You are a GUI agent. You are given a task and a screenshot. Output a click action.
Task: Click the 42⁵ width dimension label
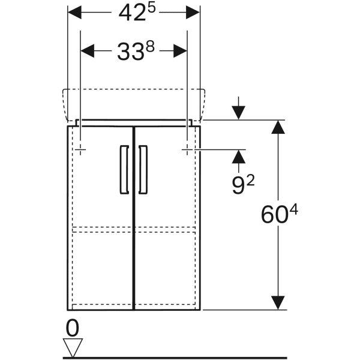click(x=137, y=13)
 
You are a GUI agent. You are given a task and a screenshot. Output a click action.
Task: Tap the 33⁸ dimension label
click(x=136, y=51)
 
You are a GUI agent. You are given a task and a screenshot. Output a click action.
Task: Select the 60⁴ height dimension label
click(x=279, y=214)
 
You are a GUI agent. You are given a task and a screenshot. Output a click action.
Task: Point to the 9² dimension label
click(x=243, y=185)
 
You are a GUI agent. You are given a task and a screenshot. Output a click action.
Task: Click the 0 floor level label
click(x=73, y=328)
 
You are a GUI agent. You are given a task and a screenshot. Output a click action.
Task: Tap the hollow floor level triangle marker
click(x=73, y=347)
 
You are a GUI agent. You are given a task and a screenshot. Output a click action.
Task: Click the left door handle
click(x=124, y=169)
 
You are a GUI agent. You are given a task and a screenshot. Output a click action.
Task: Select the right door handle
click(x=143, y=169)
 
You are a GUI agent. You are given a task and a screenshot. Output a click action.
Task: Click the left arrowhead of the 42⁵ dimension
click(x=74, y=13)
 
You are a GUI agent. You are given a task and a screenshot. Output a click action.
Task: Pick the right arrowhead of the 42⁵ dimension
click(x=193, y=13)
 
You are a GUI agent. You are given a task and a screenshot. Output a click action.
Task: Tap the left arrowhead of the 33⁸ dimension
click(x=88, y=51)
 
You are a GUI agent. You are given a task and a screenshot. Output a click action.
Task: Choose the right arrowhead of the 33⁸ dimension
click(x=180, y=51)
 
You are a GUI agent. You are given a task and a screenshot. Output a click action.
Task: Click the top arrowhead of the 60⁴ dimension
click(x=278, y=127)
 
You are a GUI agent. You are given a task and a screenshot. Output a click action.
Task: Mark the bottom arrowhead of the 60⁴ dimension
click(x=278, y=303)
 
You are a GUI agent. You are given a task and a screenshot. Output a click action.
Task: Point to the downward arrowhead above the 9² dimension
click(x=239, y=113)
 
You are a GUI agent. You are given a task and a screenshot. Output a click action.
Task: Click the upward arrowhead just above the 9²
click(x=239, y=157)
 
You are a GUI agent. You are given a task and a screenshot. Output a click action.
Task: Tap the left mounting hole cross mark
click(x=80, y=149)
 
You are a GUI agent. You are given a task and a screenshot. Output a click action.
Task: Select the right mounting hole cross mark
click(x=187, y=149)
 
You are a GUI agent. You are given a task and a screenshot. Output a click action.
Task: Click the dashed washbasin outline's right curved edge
click(x=202, y=104)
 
